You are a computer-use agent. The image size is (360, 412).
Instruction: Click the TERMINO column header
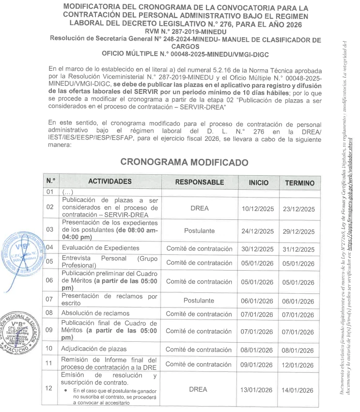(299, 183)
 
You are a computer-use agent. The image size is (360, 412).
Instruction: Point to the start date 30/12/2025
(258, 249)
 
